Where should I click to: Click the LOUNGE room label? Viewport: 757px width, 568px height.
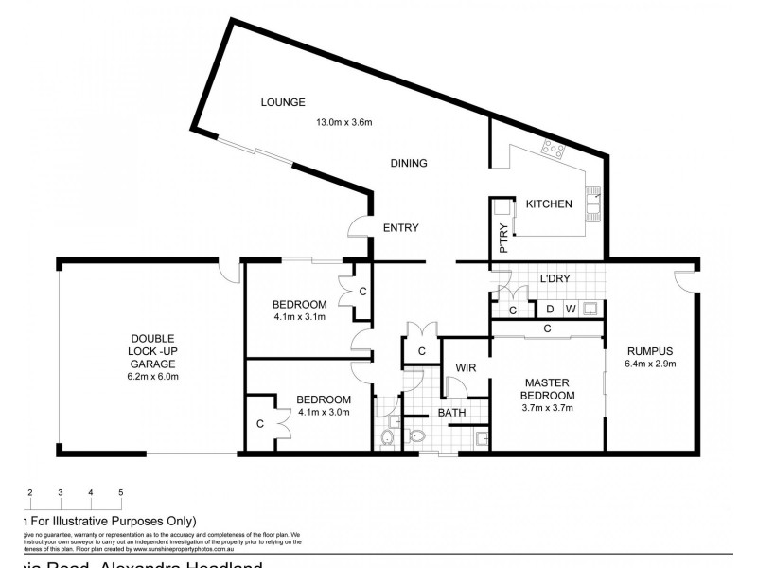(284, 102)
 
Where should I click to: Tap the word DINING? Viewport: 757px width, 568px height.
(409, 163)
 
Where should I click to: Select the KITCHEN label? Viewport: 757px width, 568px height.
(549, 204)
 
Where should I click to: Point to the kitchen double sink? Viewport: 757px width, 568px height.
(594, 202)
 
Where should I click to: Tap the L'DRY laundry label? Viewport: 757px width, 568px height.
(554, 278)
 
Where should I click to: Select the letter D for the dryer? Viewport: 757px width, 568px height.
(549, 308)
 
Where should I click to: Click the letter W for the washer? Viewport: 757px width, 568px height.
(571, 308)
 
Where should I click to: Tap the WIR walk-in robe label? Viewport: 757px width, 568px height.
(466, 366)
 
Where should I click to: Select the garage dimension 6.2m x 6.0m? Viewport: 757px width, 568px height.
(152, 376)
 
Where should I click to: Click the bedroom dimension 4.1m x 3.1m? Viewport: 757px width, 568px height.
(299, 317)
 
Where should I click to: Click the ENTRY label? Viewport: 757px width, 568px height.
(400, 227)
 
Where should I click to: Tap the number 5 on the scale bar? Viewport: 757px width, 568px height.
(120, 492)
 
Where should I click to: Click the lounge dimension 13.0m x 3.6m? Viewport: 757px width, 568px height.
(344, 121)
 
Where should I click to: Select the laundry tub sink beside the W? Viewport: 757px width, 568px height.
(592, 308)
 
